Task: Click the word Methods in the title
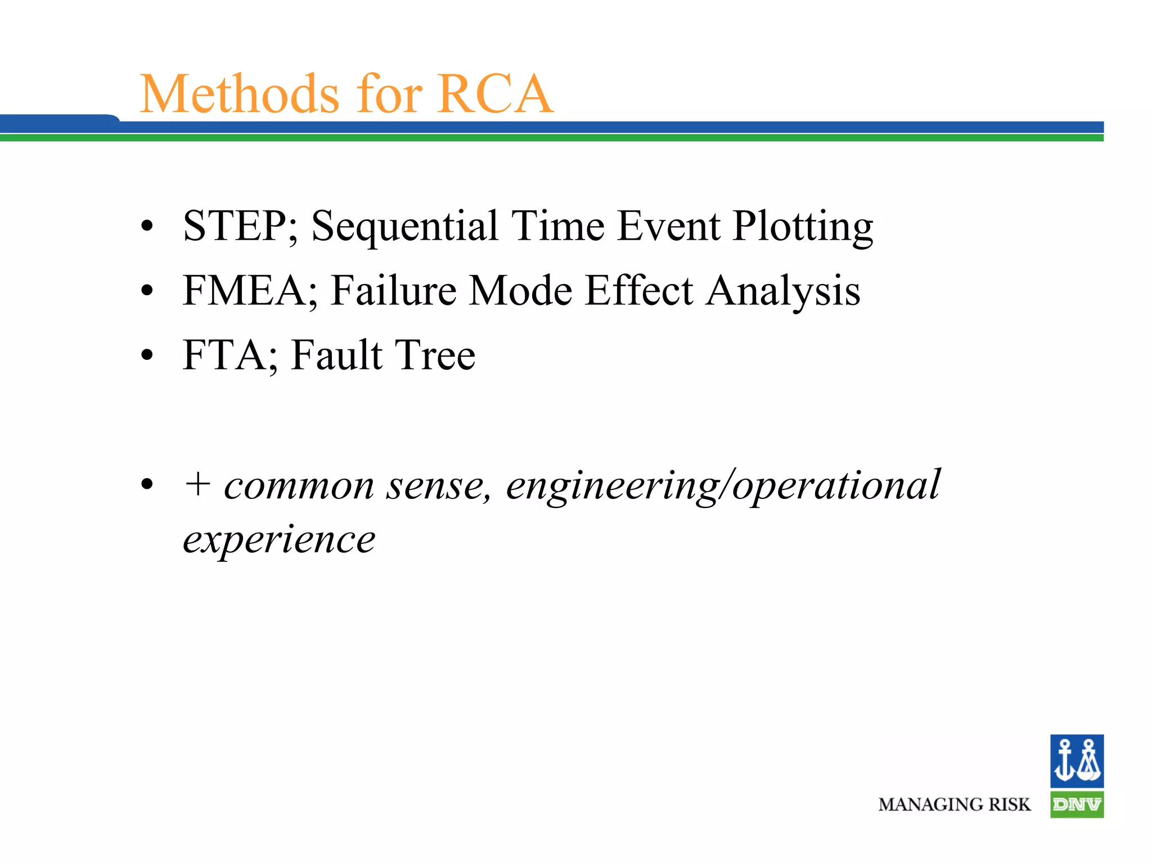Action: tap(240, 94)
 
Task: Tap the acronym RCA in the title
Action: tap(495, 94)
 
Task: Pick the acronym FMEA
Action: tap(244, 291)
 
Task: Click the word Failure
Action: tap(393, 291)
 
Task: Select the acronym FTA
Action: tap(224, 355)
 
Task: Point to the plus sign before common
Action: tap(197, 484)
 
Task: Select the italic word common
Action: tap(299, 485)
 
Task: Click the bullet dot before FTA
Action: tap(147, 355)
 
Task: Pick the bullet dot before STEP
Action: tap(147, 226)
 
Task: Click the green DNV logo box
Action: tap(1077, 804)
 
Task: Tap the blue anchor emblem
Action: tap(1077, 760)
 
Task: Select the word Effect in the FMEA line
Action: tap(638, 291)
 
